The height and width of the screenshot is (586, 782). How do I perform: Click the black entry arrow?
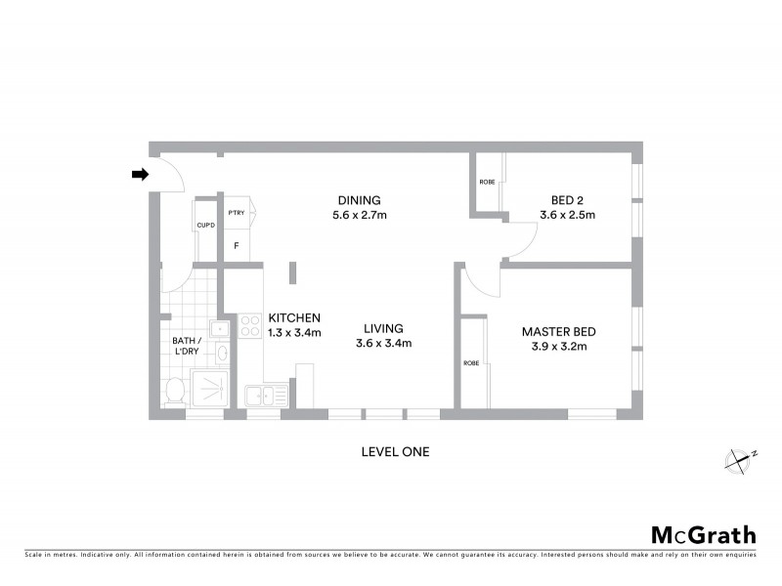[140, 175]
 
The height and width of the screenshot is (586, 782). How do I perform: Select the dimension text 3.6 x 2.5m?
[567, 215]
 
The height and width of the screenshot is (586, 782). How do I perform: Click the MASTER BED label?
[558, 331]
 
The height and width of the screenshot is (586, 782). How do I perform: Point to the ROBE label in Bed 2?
[487, 183]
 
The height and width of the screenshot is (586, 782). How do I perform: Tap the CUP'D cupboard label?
[205, 226]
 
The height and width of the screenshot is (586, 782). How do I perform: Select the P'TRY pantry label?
[236, 212]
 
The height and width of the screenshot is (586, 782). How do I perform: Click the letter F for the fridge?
[236, 245]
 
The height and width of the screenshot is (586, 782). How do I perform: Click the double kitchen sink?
[260, 396]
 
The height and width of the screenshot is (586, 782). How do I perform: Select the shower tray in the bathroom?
[211, 389]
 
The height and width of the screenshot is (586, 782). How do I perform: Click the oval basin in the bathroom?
[222, 353]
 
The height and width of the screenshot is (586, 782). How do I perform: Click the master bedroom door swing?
[482, 282]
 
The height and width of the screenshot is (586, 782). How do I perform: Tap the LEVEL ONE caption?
[395, 451]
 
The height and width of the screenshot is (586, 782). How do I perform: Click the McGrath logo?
[703, 534]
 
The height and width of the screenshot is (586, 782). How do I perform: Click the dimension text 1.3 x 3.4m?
[294, 333]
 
